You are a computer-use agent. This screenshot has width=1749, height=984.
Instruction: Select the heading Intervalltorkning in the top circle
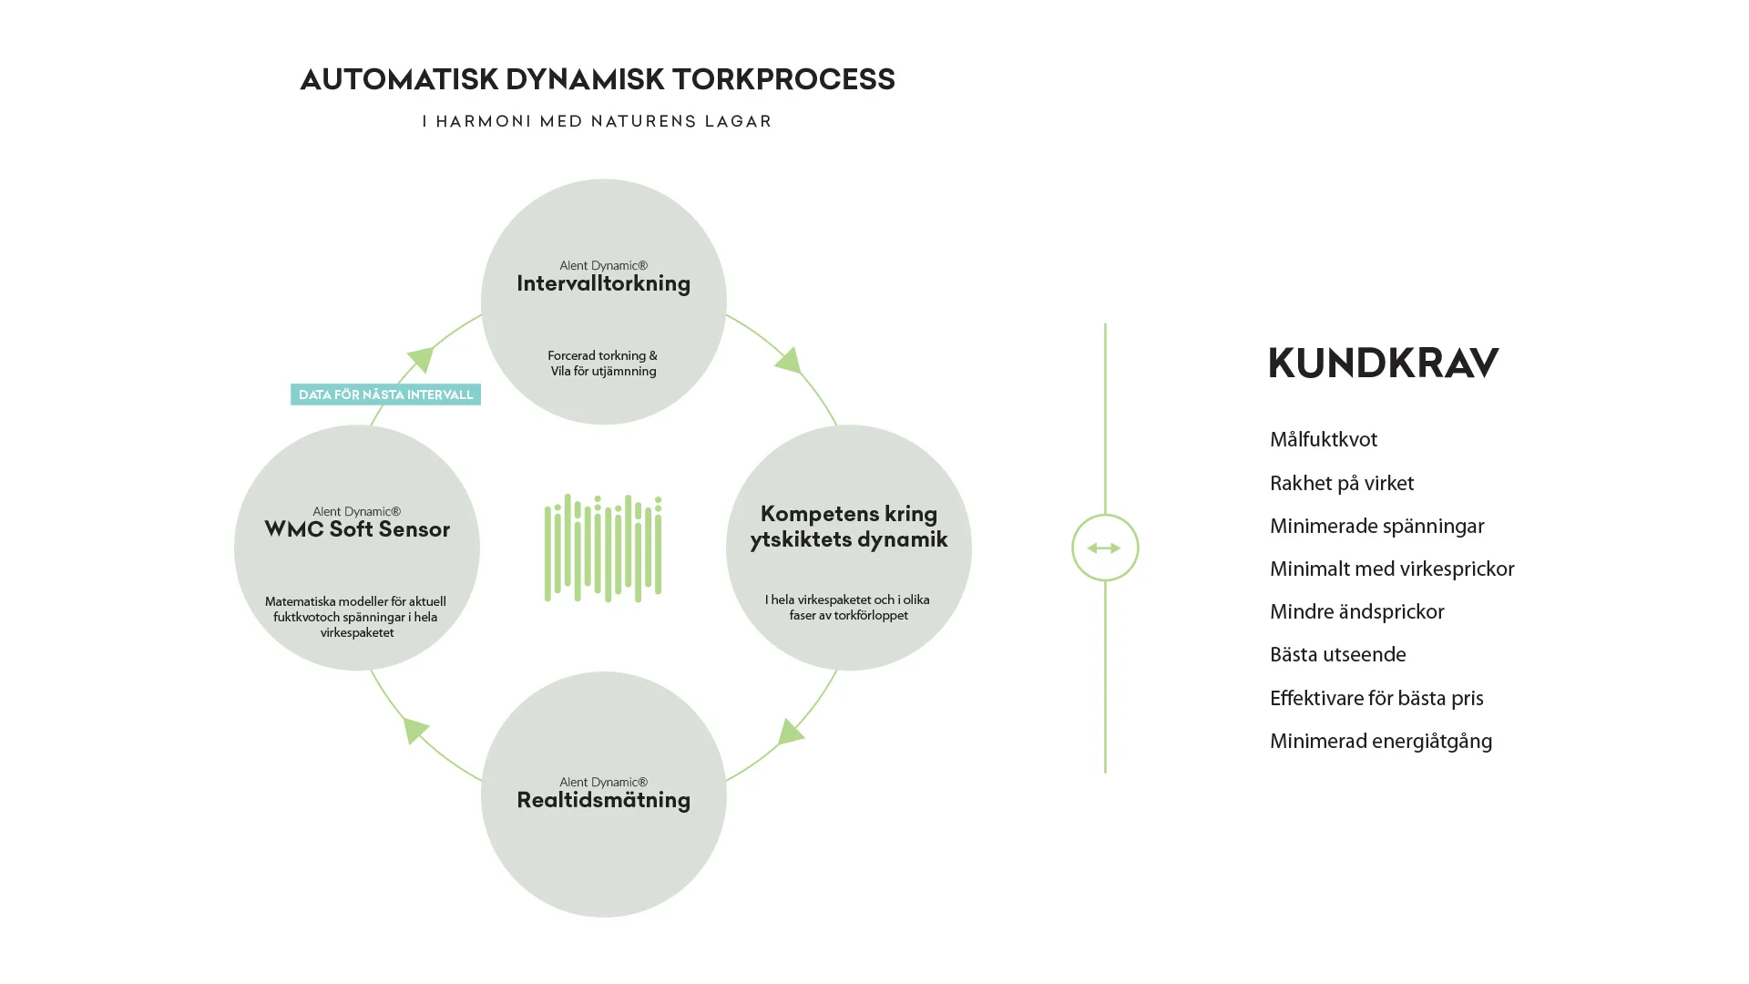click(x=603, y=283)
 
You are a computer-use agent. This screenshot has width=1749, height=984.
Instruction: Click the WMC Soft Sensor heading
click(x=357, y=529)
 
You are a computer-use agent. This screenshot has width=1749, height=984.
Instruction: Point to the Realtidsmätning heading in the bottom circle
click(x=603, y=800)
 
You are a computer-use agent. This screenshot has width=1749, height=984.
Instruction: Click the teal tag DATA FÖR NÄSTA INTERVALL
click(x=385, y=395)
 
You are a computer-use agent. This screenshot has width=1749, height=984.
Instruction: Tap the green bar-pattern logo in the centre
click(x=603, y=548)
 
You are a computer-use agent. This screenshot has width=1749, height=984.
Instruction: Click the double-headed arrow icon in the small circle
click(x=1104, y=548)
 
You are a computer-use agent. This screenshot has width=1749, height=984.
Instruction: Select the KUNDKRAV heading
click(x=1383, y=363)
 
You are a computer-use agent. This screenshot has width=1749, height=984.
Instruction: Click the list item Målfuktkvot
click(x=1323, y=440)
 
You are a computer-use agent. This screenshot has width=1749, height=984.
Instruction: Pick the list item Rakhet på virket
click(x=1341, y=484)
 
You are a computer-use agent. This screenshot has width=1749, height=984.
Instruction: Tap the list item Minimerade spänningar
click(x=1376, y=527)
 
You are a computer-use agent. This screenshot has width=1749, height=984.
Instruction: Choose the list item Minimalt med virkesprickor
click(x=1391, y=569)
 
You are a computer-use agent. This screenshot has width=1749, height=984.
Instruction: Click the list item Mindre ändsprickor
click(x=1356, y=612)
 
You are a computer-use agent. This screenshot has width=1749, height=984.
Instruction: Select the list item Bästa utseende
click(x=1337, y=655)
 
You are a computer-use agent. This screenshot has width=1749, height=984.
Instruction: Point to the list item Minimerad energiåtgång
click(x=1380, y=742)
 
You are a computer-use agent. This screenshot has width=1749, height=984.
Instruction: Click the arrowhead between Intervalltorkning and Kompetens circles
click(x=789, y=361)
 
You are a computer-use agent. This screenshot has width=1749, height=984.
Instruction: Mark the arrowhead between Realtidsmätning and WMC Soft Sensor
click(x=415, y=729)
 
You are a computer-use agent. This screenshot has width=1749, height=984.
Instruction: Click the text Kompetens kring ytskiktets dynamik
click(x=848, y=527)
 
